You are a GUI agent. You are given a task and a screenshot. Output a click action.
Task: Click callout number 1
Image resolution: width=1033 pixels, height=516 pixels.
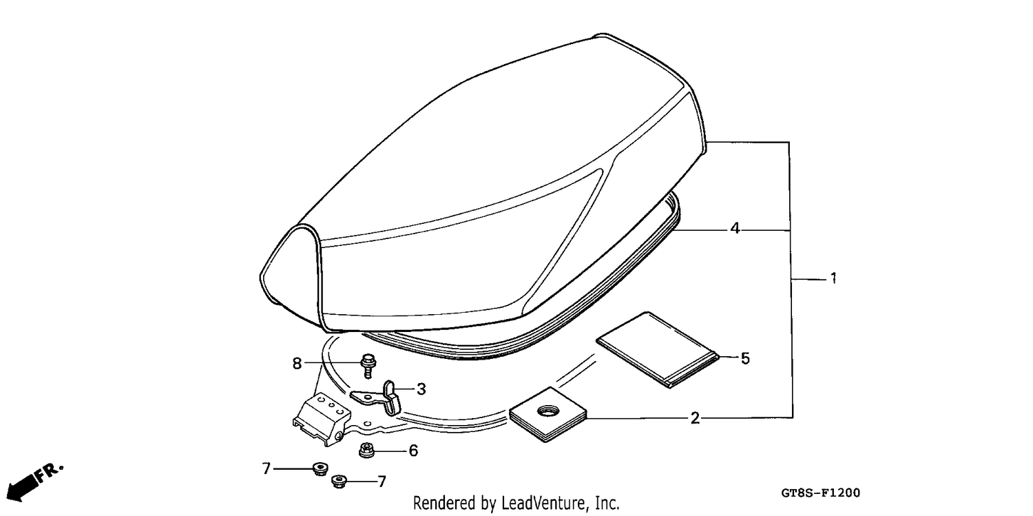click(833, 278)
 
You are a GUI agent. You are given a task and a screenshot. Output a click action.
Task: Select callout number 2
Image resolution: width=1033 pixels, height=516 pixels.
click(695, 418)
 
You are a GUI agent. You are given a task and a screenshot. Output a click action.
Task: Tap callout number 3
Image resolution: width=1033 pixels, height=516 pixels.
click(421, 389)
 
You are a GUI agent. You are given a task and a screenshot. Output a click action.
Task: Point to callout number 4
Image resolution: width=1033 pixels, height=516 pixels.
click(735, 228)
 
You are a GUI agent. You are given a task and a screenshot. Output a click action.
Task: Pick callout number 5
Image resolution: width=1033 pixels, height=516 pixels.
click(745, 358)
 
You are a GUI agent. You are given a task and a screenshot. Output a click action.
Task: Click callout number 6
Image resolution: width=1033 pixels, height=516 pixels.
click(413, 451)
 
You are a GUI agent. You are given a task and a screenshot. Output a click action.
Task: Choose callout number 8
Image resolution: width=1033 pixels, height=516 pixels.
click(297, 364)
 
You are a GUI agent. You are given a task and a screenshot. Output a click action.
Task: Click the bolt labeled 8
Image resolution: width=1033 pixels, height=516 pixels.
click(368, 365)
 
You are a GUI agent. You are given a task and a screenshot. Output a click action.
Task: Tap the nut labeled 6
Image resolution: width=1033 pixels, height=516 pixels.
click(366, 450)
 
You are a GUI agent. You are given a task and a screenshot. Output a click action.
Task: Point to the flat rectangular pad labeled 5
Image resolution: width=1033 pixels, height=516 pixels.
click(657, 349)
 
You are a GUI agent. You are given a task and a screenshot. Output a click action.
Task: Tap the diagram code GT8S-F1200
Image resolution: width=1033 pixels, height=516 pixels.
click(820, 493)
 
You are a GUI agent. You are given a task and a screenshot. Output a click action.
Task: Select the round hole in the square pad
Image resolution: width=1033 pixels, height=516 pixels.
click(548, 409)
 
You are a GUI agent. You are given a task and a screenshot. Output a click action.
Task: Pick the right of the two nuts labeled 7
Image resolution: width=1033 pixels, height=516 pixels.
click(339, 482)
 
